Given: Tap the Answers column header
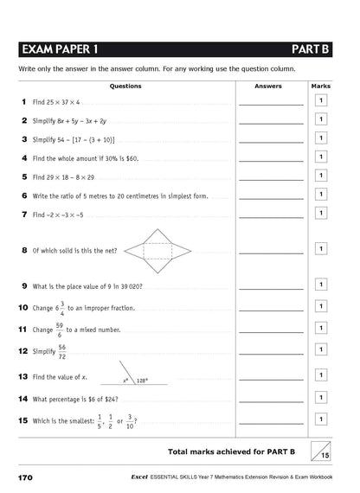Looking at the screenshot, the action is [270, 86].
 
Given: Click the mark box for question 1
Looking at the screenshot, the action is [321, 102].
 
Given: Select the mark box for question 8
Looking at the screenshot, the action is [321, 249].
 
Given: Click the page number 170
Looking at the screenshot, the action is [23, 477].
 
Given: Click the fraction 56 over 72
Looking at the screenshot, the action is [61, 352].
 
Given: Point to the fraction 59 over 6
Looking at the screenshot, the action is [60, 329].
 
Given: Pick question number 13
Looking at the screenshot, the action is [23, 377].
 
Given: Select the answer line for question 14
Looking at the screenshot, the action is [271, 401].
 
